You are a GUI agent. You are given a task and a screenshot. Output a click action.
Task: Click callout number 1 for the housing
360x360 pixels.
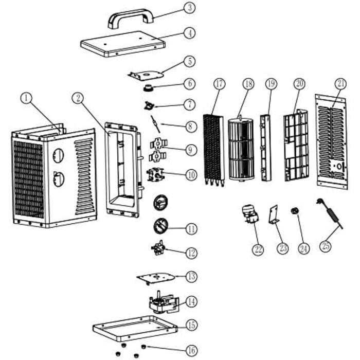[26, 97]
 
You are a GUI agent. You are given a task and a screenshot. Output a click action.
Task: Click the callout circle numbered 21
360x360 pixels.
[340, 84]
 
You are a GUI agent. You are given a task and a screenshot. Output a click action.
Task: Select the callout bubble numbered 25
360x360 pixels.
[325, 246]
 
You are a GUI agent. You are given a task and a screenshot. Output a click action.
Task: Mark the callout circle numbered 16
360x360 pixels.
[191, 351]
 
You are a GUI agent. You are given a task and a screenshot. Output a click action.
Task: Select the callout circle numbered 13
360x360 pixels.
[191, 277]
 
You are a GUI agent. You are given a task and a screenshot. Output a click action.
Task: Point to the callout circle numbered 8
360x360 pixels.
[191, 125]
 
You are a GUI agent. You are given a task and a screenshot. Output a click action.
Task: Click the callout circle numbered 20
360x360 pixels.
[299, 84]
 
